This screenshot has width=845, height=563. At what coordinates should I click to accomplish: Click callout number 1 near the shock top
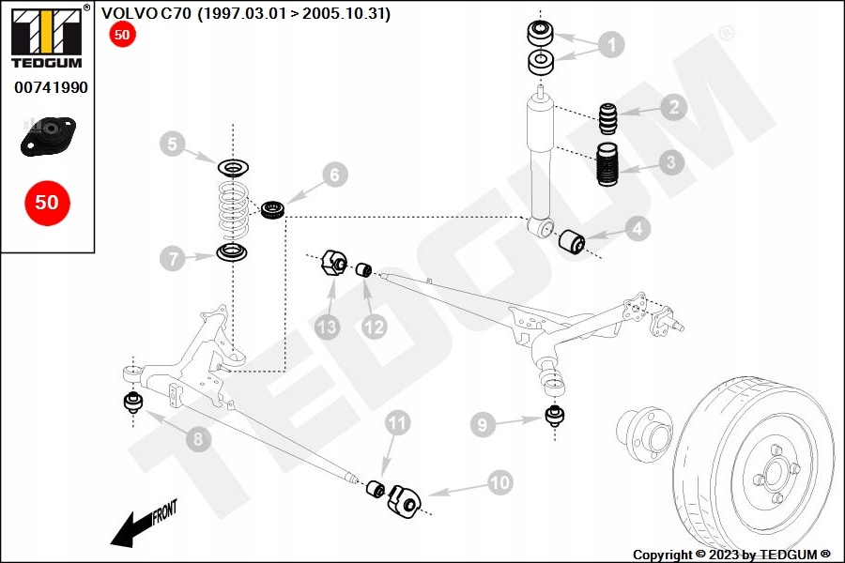(x=610, y=44)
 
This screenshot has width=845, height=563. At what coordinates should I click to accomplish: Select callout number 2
(x=672, y=107)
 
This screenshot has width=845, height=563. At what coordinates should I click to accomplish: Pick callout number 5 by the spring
(x=172, y=144)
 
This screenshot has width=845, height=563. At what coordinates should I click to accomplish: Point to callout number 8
(x=197, y=438)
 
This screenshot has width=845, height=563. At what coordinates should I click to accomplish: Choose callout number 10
(x=500, y=482)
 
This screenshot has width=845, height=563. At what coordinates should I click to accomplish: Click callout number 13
(x=327, y=327)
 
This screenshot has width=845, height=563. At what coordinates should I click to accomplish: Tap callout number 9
(x=483, y=425)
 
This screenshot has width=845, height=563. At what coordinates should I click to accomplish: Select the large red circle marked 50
(x=46, y=202)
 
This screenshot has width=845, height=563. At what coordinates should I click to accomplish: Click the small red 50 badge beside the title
(x=122, y=36)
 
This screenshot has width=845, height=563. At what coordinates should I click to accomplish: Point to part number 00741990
(x=51, y=87)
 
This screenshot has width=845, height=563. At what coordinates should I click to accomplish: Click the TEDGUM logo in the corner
(x=45, y=37)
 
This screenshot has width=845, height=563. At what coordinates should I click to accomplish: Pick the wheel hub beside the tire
(x=644, y=433)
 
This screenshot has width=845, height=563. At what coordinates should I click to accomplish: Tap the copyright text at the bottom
(x=731, y=555)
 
